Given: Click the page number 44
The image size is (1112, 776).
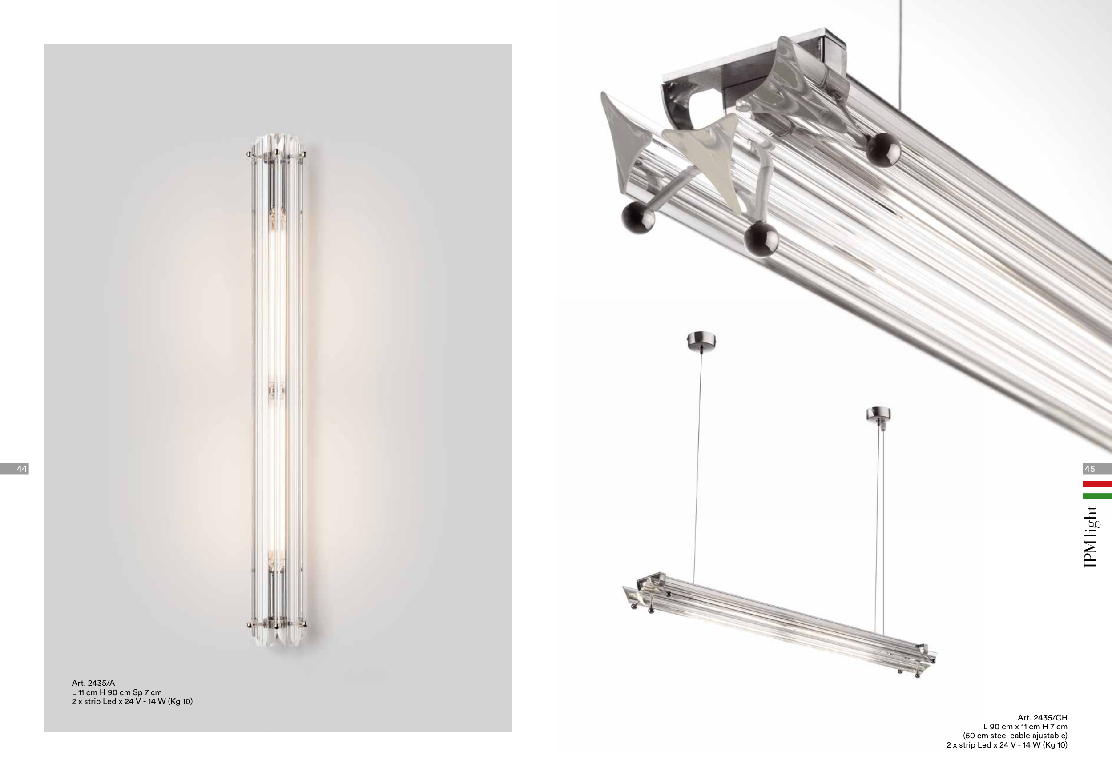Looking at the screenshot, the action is (22, 469).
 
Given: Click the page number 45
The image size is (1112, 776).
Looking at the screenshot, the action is (1090, 469).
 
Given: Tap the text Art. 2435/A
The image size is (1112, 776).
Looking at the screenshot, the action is (93, 683).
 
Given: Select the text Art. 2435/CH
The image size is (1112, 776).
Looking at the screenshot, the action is (1042, 717).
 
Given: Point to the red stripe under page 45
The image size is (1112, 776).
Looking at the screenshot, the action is (1097, 483).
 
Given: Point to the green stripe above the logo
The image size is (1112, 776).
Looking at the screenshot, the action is (1097, 496).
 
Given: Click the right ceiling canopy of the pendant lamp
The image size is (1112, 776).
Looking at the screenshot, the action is (878, 414).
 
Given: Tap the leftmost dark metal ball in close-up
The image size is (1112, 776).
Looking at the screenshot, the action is (637, 218).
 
